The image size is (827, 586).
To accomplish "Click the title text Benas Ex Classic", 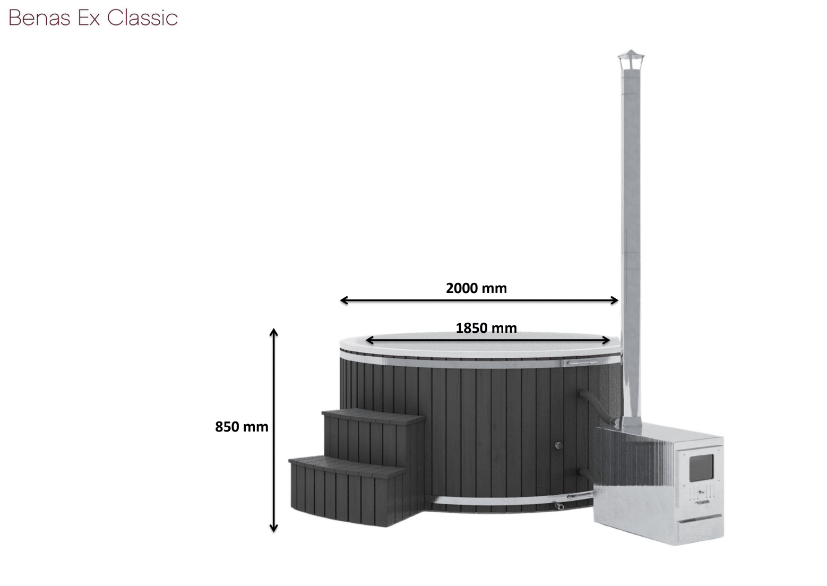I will tap(93, 18).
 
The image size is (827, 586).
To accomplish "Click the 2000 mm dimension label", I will tap(476, 288).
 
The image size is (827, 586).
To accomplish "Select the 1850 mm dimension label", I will tap(486, 328).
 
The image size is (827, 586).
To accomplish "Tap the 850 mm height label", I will tap(242, 427).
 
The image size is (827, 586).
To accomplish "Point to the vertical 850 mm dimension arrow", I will tap(273, 430).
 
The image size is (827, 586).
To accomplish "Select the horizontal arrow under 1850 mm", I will tap(487, 340).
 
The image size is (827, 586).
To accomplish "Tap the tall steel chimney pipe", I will tap(631, 239).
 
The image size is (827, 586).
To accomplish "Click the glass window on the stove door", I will tap(701, 468).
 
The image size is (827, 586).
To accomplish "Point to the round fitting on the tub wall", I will tap(558, 445).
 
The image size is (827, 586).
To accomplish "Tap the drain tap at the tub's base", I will tap(559, 506).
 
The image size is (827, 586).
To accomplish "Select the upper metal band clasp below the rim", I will tap(582, 363).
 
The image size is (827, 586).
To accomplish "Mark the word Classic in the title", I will tap(142, 18).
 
